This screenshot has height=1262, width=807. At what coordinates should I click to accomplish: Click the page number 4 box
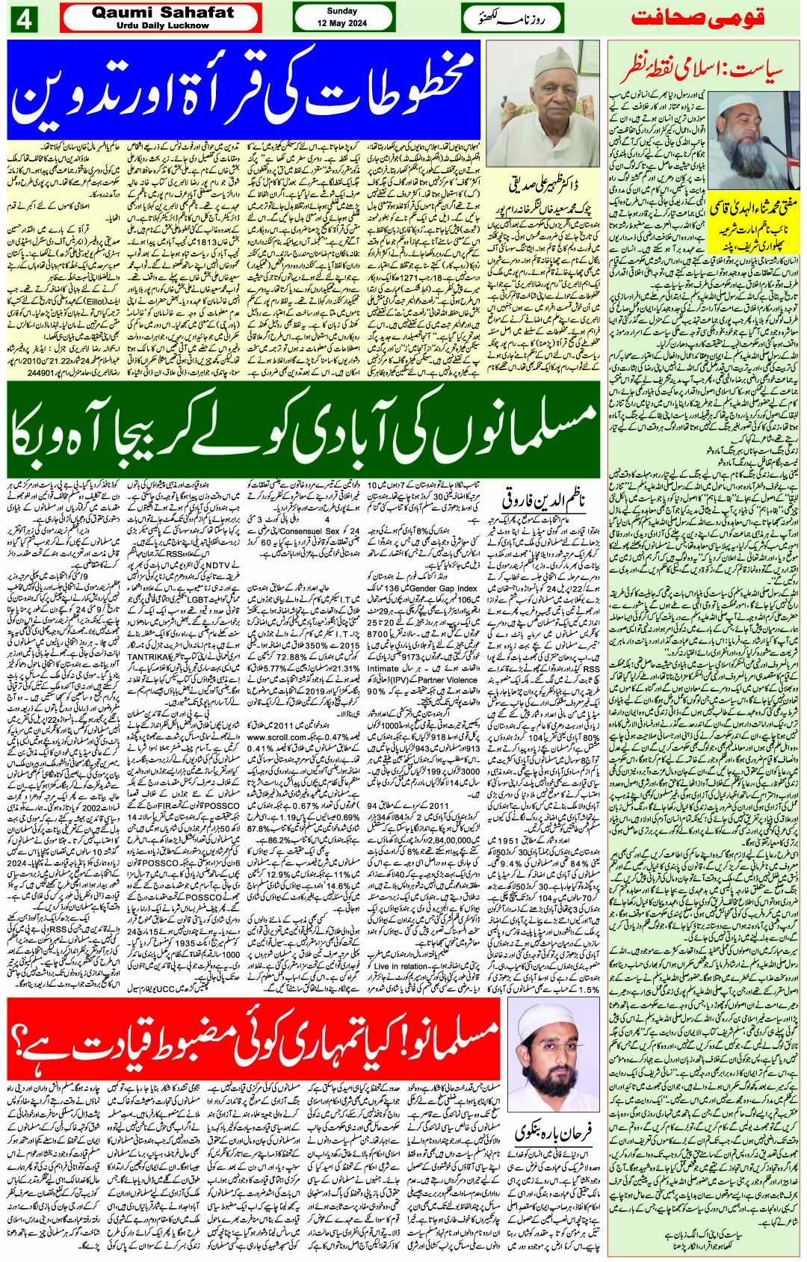[23, 20]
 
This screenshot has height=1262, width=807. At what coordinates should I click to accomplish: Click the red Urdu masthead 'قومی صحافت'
[705, 19]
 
